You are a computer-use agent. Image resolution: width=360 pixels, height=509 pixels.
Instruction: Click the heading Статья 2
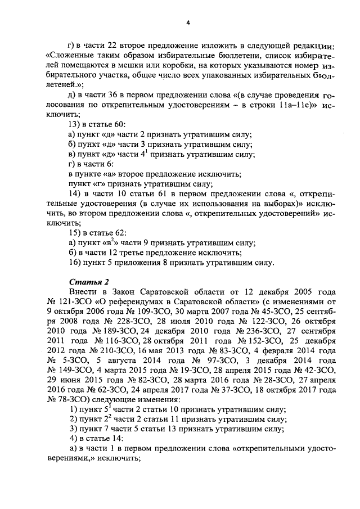(87, 281)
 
